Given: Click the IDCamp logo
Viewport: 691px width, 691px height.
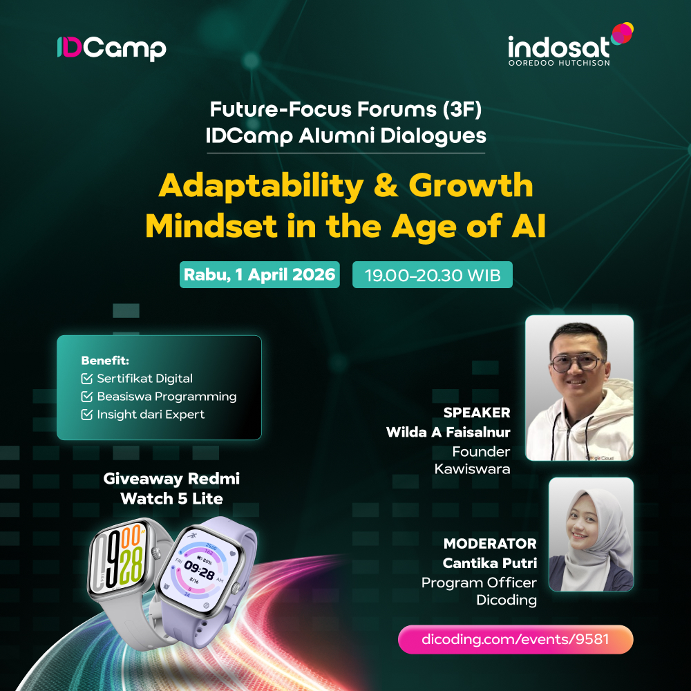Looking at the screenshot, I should [x=111, y=48].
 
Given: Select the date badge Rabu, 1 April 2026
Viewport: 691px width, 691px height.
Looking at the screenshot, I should [x=259, y=274].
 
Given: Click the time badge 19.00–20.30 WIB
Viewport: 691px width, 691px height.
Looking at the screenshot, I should [x=432, y=274].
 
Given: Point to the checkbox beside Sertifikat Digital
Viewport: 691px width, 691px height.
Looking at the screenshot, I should [x=86, y=379].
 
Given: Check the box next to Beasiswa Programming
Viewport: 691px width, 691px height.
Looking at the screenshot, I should [x=86, y=397].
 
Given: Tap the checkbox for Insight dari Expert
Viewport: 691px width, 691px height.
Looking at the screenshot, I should [x=86, y=415].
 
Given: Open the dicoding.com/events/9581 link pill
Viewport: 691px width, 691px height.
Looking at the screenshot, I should [x=515, y=639].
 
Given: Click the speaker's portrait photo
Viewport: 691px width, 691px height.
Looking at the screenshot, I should [x=579, y=388].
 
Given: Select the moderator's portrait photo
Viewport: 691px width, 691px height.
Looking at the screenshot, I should [x=591, y=534].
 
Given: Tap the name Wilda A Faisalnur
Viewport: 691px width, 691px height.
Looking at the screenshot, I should [x=448, y=432].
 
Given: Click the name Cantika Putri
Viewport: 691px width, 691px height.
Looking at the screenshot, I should [x=490, y=562].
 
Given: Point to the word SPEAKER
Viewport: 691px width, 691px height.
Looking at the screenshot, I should [x=477, y=413].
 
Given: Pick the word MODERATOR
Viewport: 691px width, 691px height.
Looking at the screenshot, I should [x=490, y=544].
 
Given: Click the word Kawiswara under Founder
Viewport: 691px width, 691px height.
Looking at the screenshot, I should [x=472, y=469].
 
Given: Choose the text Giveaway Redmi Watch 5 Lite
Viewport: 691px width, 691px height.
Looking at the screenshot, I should [x=171, y=488].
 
